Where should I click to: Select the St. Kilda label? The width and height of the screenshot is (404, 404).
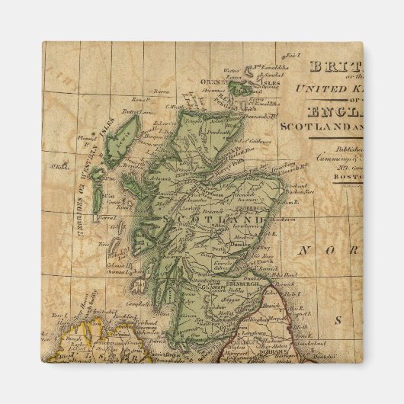pos(53,165)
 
